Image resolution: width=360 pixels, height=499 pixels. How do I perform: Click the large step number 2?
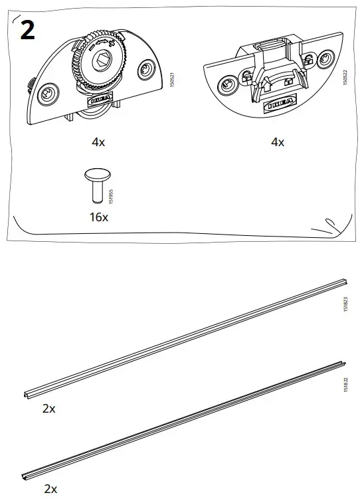(27, 31)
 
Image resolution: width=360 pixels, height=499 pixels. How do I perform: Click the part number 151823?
(345, 306)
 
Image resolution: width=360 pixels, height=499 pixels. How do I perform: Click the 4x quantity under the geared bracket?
(98, 142)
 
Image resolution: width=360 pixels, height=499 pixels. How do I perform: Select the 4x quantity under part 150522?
(277, 142)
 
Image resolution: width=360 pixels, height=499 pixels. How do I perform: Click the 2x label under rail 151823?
(48, 409)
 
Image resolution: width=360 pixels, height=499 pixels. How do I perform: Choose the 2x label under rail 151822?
(50, 488)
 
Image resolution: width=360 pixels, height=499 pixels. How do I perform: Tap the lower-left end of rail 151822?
(28, 475)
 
